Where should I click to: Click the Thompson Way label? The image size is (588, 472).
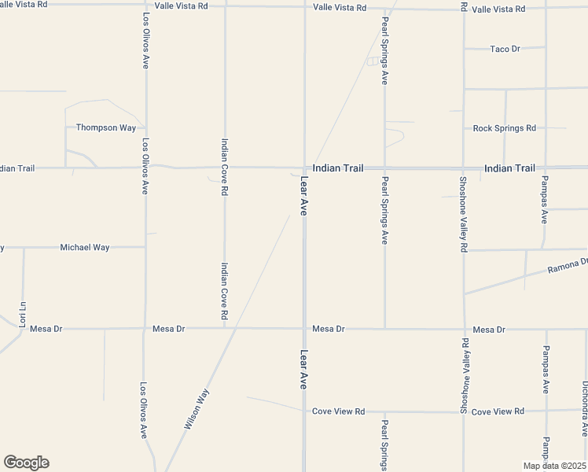[105, 127]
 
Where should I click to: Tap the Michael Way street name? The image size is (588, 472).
[85, 247]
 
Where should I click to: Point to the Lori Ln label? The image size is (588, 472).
[23, 314]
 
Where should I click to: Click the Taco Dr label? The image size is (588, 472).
[505, 49]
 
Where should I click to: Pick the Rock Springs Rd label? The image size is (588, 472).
[504, 127]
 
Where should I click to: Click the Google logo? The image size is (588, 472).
[26, 463]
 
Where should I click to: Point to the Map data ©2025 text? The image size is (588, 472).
[553, 466]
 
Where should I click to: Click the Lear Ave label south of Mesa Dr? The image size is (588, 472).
[304, 370]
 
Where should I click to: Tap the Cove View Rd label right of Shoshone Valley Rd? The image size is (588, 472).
[498, 411]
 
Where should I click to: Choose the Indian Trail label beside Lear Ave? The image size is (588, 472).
[338, 168]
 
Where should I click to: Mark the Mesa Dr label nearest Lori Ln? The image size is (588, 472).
[46, 329]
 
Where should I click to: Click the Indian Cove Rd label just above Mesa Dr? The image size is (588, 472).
[225, 290]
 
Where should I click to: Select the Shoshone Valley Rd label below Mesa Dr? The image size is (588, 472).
[465, 376]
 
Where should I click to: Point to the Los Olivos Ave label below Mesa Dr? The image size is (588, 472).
[143, 410]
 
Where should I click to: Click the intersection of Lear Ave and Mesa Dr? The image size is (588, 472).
[304, 329]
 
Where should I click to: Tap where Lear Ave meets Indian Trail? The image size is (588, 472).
[304, 168]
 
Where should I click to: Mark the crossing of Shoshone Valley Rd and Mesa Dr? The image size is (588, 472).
[464, 329]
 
